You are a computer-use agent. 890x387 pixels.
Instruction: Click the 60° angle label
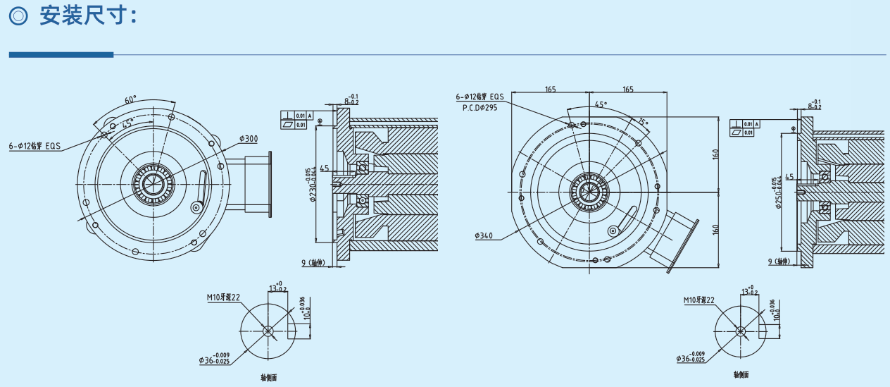tap(131, 100)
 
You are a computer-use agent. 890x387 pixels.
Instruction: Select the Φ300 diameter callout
tap(248, 138)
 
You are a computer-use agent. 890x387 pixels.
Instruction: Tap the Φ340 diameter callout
tap(483, 235)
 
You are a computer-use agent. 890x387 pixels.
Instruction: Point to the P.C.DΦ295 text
tap(480, 109)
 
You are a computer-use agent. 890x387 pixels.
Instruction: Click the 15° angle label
tap(643, 121)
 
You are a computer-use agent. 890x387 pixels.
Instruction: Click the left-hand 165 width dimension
tap(550, 89)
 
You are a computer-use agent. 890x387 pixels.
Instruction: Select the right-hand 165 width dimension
tap(628, 89)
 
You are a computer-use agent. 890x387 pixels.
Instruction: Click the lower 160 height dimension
tap(715, 230)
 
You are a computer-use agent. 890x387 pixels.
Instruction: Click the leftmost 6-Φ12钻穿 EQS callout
tap(35, 147)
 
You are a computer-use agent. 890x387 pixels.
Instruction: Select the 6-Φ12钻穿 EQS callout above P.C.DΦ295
tap(480, 96)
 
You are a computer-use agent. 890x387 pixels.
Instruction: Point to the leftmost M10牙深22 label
tap(224, 297)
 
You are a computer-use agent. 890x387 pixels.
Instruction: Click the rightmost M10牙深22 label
tap(699, 300)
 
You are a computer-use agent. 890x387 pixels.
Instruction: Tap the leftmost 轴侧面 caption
tap(268, 378)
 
